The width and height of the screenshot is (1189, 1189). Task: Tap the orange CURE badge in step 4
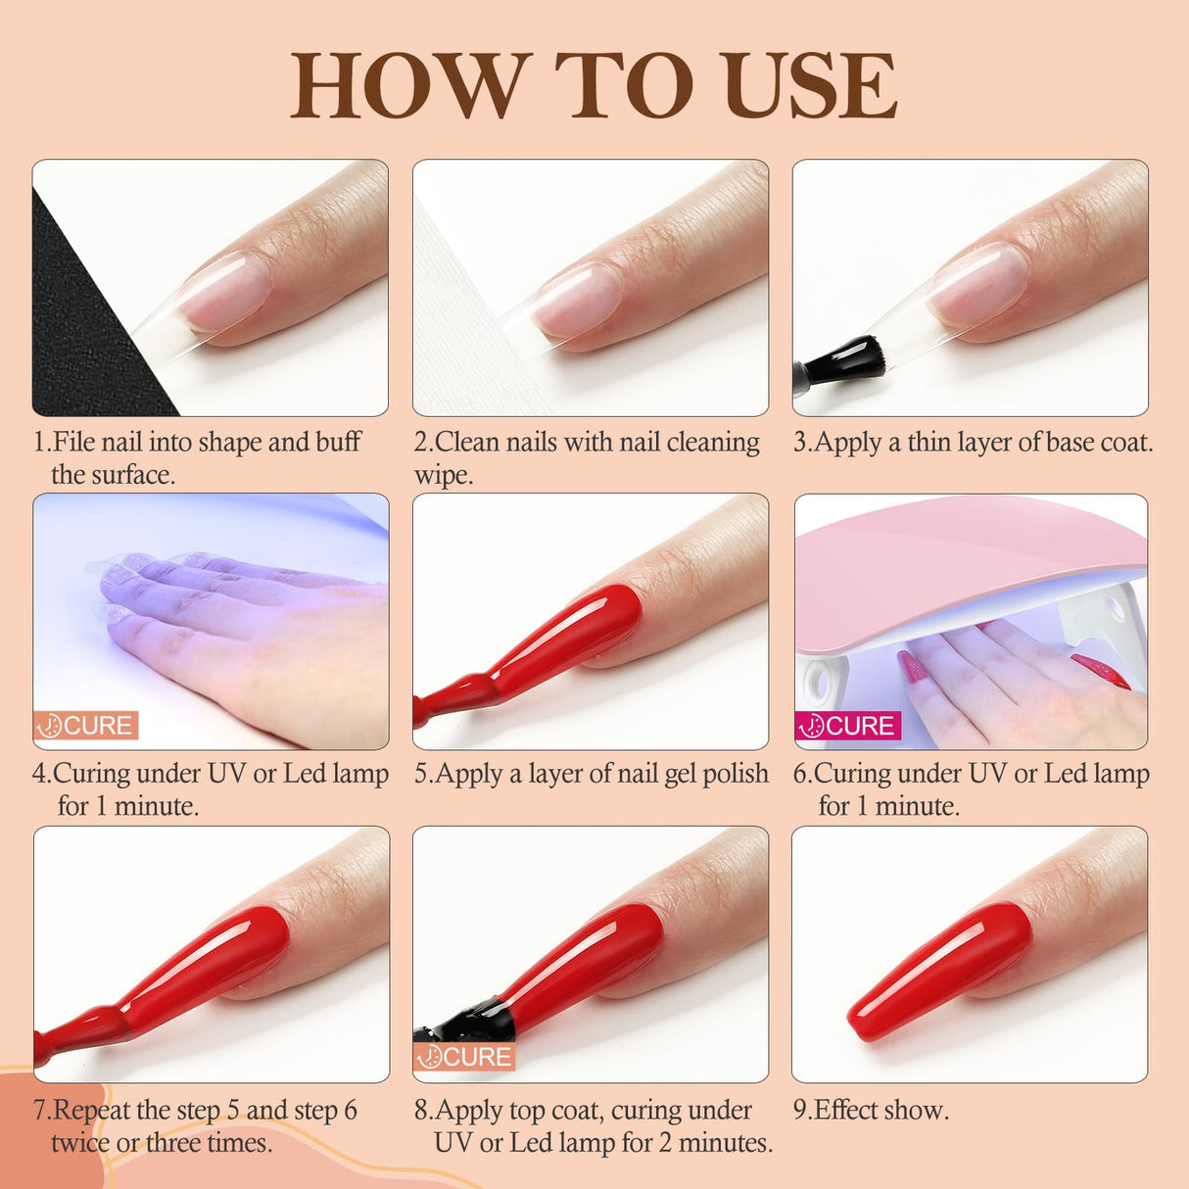click(86, 726)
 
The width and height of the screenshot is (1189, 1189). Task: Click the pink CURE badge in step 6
click(847, 726)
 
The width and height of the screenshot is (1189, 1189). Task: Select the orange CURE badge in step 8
click(465, 1057)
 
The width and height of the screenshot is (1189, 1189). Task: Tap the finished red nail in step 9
click(940, 970)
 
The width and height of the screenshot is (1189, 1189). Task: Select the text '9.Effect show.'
click(871, 1110)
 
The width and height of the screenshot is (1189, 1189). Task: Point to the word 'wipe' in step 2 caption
click(443, 476)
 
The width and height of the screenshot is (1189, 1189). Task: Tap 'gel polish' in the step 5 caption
click(715, 774)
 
